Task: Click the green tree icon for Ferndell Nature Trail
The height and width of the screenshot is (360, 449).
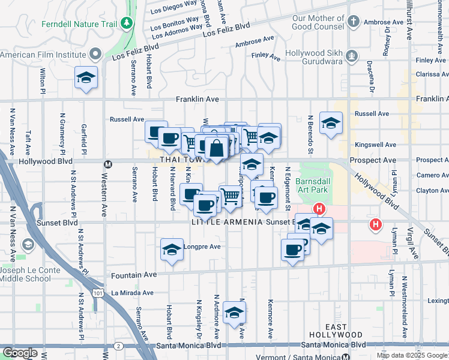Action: coord(127,23)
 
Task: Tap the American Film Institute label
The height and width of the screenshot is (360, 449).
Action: coord(43,55)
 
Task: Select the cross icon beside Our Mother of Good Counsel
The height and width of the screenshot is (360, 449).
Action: coord(354,22)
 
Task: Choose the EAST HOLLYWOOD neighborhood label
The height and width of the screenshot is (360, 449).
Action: coord(337,331)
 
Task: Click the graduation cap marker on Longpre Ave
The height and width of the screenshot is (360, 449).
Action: coord(172,249)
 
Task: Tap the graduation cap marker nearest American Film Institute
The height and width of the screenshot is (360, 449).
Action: coord(86,78)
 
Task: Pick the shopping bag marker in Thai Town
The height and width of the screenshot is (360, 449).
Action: coord(217,147)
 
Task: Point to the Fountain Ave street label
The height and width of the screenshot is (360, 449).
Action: coord(133,274)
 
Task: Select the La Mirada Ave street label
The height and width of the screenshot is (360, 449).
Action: coord(132,293)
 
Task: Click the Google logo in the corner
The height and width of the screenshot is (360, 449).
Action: coord(20,353)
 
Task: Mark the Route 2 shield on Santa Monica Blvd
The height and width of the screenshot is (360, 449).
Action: coord(119,346)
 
